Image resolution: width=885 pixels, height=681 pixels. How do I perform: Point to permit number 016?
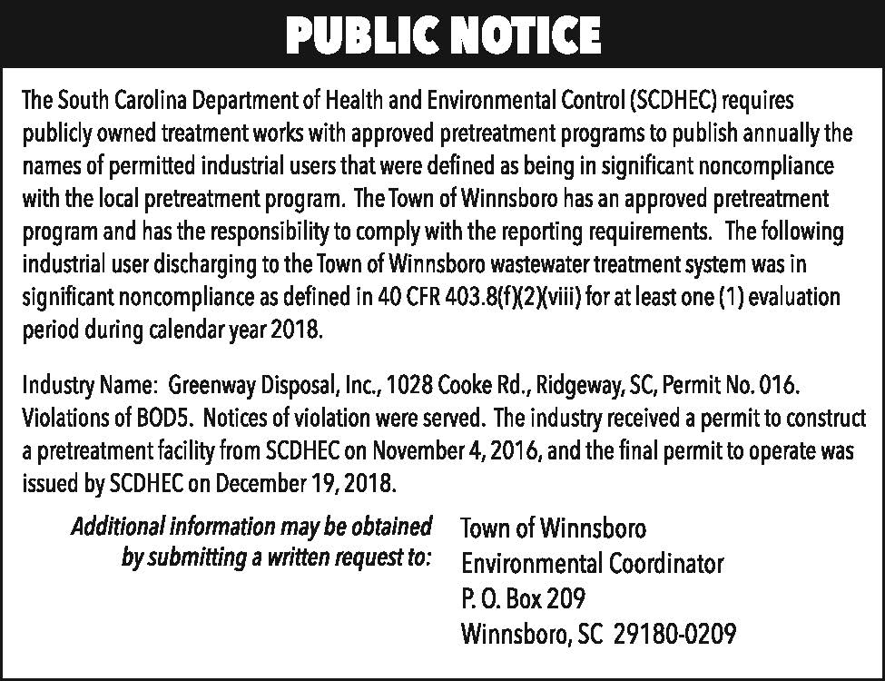(x=778, y=385)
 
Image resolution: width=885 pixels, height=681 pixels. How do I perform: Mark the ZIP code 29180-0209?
(x=674, y=633)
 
